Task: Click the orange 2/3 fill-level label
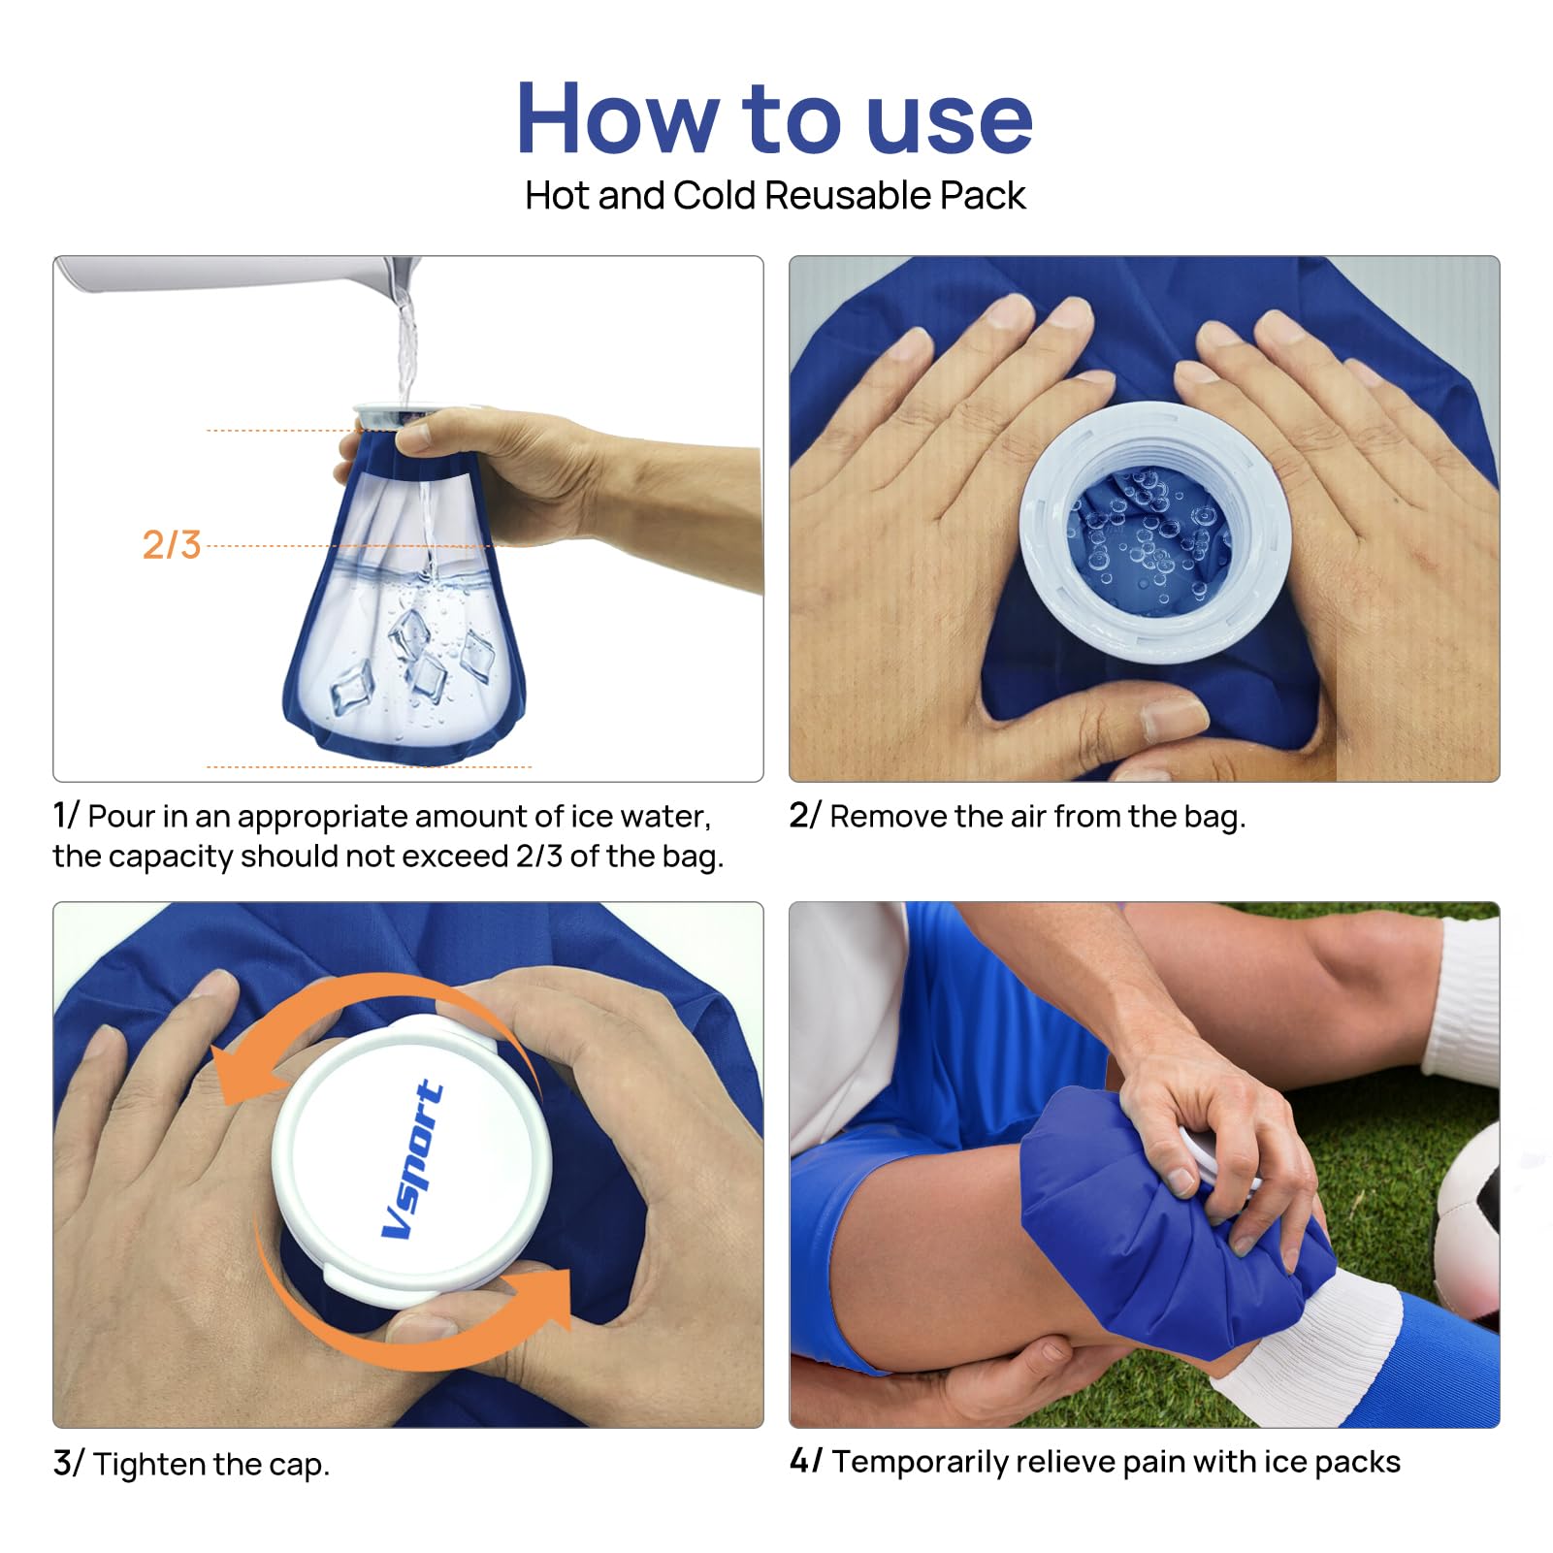(172, 545)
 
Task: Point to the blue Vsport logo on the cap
(413, 1159)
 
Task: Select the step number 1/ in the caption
(65, 816)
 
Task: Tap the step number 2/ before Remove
(804, 816)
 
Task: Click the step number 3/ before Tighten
(68, 1463)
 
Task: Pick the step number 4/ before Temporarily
(805, 1461)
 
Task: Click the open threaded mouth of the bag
(1153, 533)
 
